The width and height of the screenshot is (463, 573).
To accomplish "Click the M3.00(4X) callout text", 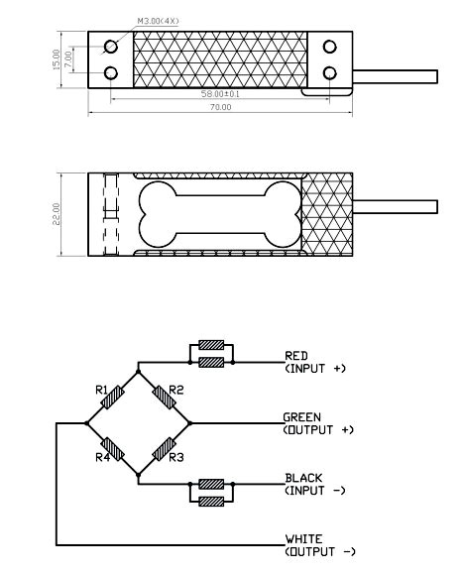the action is [159, 21].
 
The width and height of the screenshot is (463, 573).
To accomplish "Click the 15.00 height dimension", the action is [56, 59].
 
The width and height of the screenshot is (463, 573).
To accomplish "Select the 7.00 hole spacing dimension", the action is [68, 58].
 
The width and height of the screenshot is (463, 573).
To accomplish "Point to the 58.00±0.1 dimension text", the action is [220, 94].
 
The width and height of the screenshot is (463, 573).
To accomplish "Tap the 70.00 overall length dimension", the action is [220, 107].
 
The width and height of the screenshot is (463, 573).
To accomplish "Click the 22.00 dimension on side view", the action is [57, 214].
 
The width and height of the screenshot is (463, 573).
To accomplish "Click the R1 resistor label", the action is [101, 390].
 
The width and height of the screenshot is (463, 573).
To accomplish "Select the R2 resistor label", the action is [176, 390].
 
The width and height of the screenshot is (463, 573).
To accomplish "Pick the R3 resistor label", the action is [176, 457].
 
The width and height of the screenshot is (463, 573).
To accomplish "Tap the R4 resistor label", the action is [103, 457].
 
